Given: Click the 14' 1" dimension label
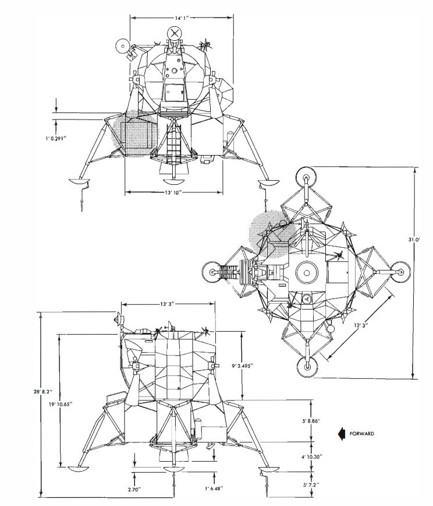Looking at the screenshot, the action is pos(182,18).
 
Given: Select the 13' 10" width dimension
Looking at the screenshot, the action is pos(174,192).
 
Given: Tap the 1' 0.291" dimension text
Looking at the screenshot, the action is pos(56,139).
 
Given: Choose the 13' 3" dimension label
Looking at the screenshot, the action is pos(167,304).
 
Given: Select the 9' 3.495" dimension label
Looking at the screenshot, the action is pos(243,366).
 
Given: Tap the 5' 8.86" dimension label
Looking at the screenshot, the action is pos(311,421).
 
